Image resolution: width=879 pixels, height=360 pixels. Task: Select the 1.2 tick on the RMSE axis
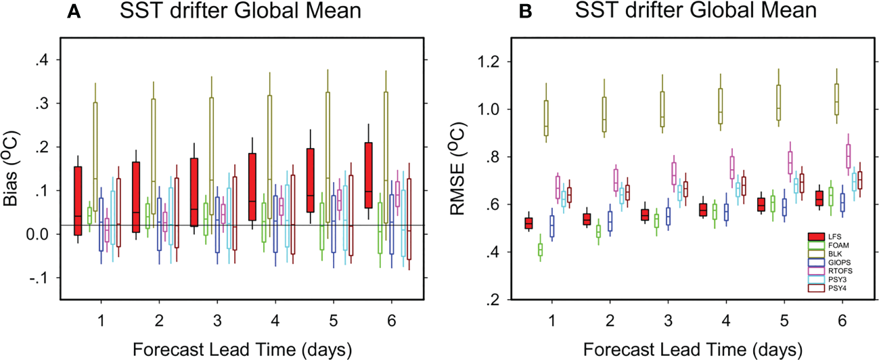tap(499, 62)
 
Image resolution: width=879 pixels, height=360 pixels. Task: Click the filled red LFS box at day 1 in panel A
tap(78, 200)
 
